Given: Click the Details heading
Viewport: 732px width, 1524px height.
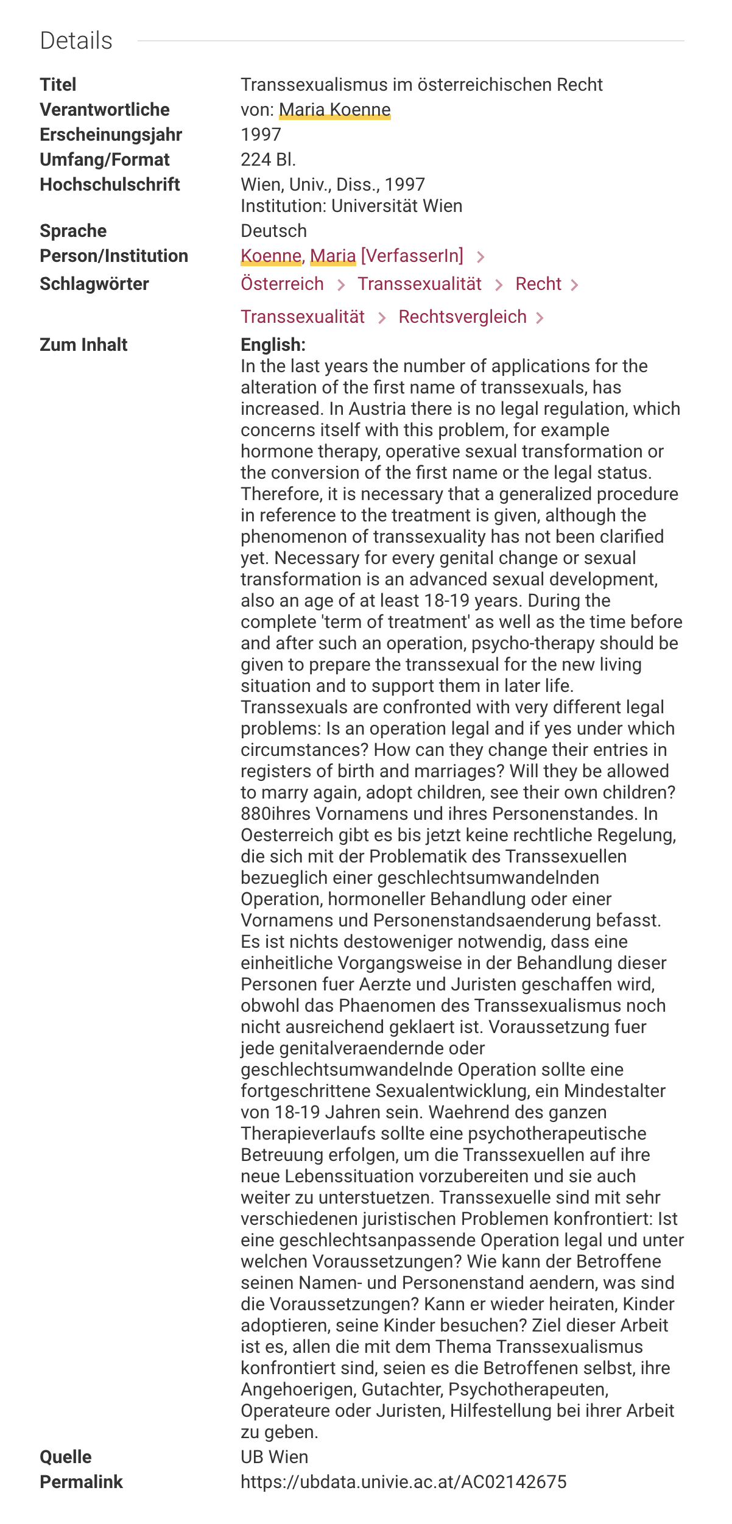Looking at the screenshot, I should tap(76, 41).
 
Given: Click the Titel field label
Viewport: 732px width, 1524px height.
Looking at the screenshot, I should tap(58, 85).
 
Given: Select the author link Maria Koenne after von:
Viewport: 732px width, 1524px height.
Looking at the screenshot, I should tap(334, 110).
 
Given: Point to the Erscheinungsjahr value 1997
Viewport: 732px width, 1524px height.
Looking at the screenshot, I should tap(261, 135).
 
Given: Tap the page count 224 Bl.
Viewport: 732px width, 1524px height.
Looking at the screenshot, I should tap(268, 160).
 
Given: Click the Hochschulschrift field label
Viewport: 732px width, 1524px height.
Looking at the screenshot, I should tap(110, 185).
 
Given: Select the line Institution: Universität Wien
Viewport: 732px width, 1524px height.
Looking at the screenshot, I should tap(351, 206).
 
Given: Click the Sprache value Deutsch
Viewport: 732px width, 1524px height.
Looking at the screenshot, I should tap(273, 231).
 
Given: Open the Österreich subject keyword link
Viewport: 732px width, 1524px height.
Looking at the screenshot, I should tap(282, 284).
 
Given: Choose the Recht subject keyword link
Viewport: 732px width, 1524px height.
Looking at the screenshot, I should tap(538, 284).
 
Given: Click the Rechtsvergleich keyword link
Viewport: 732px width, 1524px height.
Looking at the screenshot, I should tap(462, 317).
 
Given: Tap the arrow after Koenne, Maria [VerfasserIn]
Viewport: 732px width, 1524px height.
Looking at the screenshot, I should tap(480, 257).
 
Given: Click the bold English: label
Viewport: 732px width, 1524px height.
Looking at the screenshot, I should tap(273, 345).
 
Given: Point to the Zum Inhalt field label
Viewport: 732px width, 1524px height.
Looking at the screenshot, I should tap(83, 345).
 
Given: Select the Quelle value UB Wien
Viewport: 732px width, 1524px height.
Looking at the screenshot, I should tap(274, 1457).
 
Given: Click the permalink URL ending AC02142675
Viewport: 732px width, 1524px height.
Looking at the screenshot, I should tap(403, 1482).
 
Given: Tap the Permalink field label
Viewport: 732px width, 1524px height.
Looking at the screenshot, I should tap(81, 1482).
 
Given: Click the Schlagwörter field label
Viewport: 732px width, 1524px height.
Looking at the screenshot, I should tap(94, 284).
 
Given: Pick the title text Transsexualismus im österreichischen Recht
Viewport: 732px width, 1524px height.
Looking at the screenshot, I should tap(421, 85).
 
